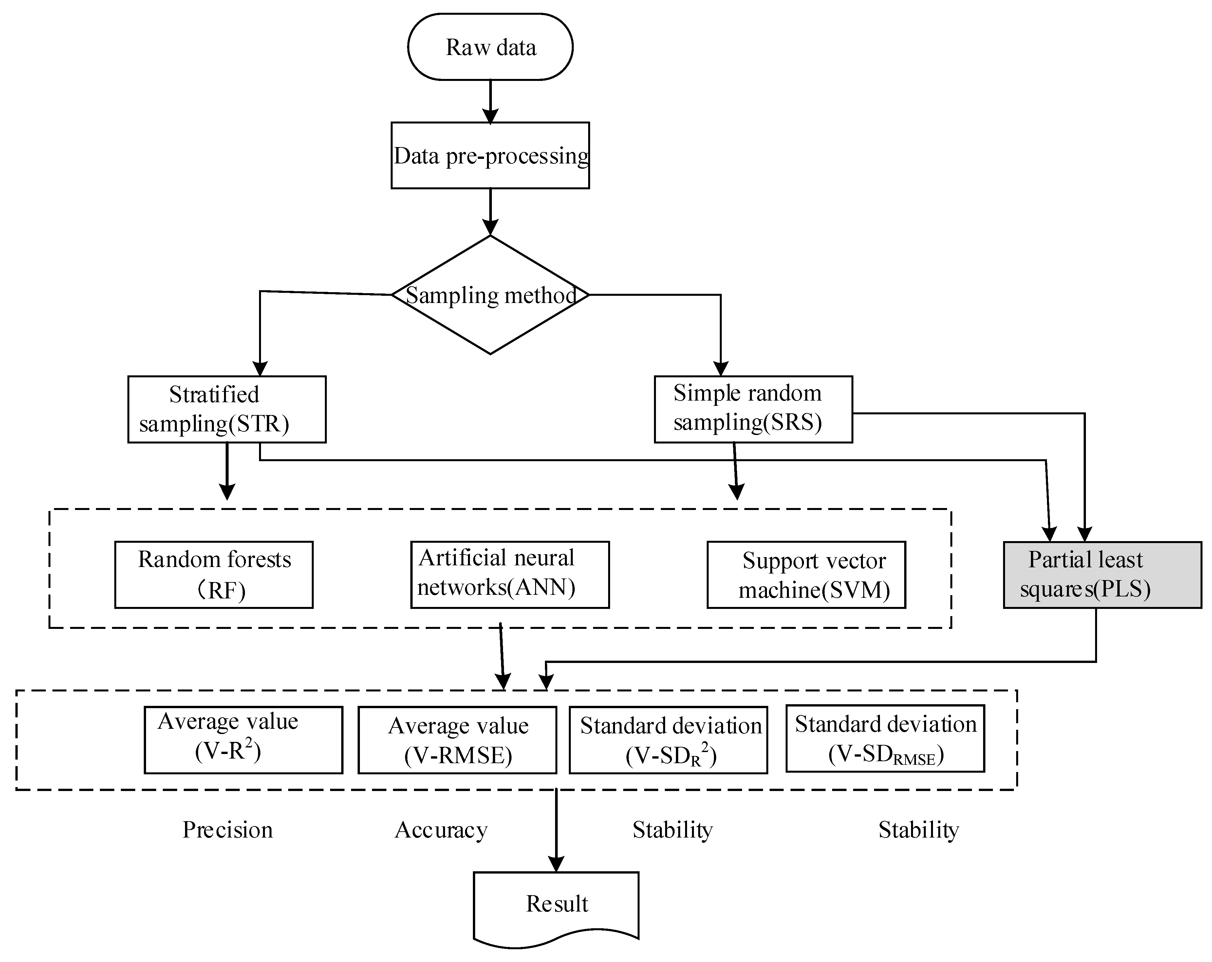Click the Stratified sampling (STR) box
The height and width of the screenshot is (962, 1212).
[x=227, y=409]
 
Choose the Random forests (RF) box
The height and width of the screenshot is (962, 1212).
[x=214, y=575]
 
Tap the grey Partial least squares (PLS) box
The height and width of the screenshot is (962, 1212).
[x=1102, y=575]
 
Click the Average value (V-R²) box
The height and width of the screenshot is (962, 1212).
[x=243, y=740]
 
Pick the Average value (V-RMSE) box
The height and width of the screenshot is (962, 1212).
[x=457, y=740]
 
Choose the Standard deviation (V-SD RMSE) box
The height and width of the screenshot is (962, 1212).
[x=885, y=738]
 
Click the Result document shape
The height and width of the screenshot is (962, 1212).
[x=556, y=904]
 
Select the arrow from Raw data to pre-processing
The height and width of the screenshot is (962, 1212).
[x=490, y=101]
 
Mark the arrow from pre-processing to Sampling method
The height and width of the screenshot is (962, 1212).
[x=490, y=212]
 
